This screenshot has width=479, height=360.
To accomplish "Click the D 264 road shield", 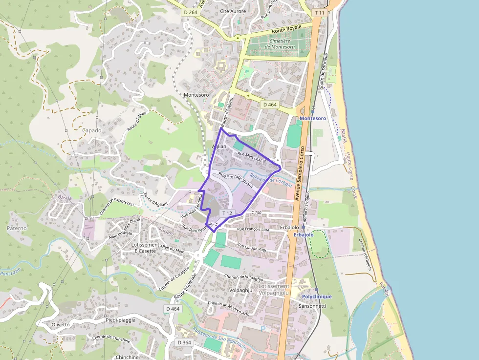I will (191, 12).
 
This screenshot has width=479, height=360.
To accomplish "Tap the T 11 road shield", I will (319, 12).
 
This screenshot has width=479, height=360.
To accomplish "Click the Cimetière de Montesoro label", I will (280, 44).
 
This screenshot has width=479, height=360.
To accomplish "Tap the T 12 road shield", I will (227, 213).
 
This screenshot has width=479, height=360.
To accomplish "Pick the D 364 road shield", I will (184, 342).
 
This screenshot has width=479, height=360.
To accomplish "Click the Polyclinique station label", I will (317, 296).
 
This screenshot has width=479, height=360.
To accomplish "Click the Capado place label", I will (91, 130).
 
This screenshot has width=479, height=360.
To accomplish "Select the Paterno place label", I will (17, 228).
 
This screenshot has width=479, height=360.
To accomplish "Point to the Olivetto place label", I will (61, 324).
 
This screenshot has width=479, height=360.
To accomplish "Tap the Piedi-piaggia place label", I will (120, 320).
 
